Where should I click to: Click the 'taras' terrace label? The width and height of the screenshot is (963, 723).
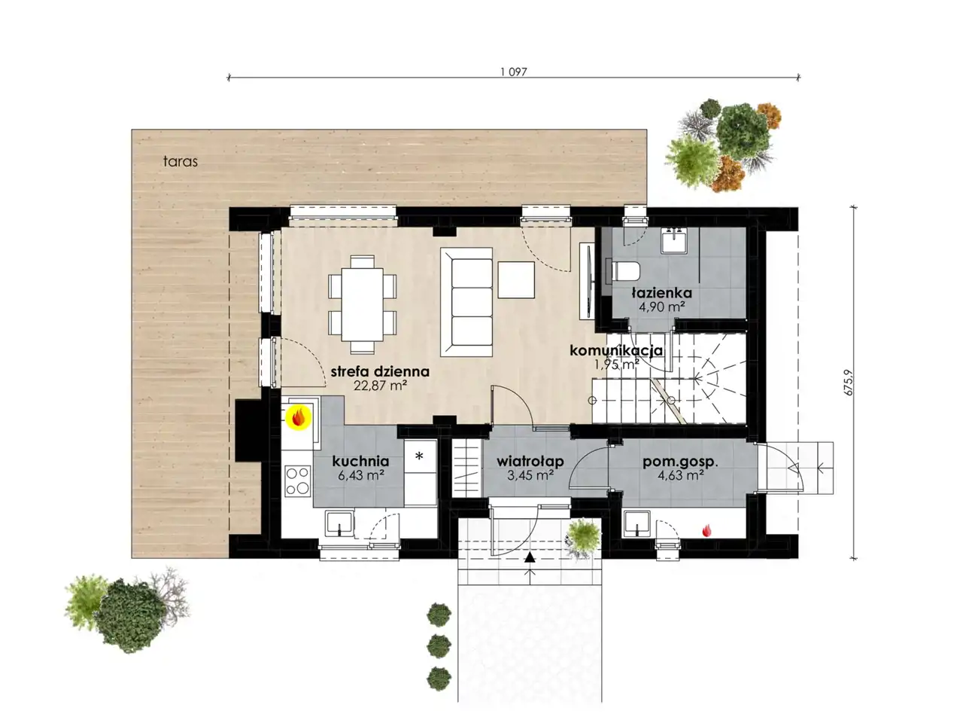coord(181,161)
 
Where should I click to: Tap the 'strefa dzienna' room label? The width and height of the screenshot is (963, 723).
coord(380,371)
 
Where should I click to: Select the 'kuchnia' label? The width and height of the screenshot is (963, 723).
coord(360,461)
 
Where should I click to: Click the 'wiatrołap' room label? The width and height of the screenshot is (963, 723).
coord(530,462)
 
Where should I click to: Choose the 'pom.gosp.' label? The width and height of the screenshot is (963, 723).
coord(680,462)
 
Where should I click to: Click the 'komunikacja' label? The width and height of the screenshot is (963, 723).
coord(616,350)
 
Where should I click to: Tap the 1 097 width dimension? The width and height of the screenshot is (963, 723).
coord(513,72)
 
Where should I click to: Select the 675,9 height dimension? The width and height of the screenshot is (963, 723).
coord(849,383)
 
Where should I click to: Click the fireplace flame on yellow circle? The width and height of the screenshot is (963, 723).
coord(299,417)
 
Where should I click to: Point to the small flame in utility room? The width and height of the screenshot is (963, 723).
coord(706,531)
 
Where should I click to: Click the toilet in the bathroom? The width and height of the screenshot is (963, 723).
coord(625,271)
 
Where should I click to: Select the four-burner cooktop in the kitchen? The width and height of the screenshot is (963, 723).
coord(298,481)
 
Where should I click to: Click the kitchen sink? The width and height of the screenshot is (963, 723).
coord(339,523)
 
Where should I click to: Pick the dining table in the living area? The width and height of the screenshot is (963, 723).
coord(363,304)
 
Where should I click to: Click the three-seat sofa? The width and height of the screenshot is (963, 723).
coord(466,301)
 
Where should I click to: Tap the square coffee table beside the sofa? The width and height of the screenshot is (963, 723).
coord(516,280)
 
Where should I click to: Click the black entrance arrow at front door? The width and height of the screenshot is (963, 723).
coord(530,557)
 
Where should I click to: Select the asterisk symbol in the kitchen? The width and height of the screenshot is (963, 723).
coord(419,456)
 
